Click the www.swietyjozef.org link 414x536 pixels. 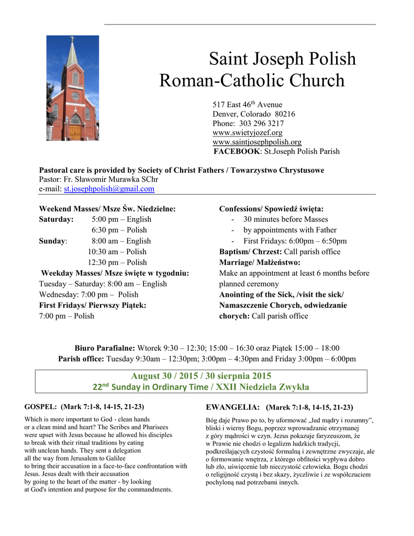247,133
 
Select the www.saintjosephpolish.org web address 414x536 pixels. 256,142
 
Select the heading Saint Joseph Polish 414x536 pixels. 282,59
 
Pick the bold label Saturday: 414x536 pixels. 56,219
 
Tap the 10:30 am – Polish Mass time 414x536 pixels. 117,252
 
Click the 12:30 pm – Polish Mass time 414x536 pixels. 117,262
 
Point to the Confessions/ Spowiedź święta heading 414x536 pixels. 271,209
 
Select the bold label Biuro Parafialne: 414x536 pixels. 105,348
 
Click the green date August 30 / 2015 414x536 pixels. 162,376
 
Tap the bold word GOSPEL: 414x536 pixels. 41,406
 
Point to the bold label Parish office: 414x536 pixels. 81,359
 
